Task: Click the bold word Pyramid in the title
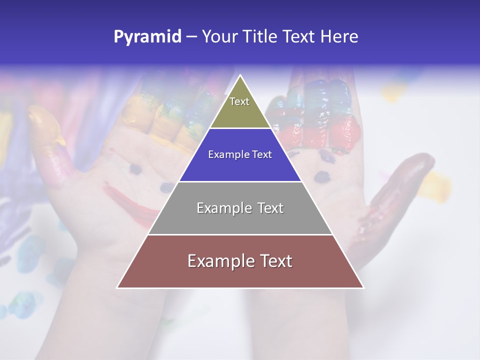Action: coord(147,37)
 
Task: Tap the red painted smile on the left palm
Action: coord(130,202)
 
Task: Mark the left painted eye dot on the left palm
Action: coord(135,169)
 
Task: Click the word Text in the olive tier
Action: coord(239,101)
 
